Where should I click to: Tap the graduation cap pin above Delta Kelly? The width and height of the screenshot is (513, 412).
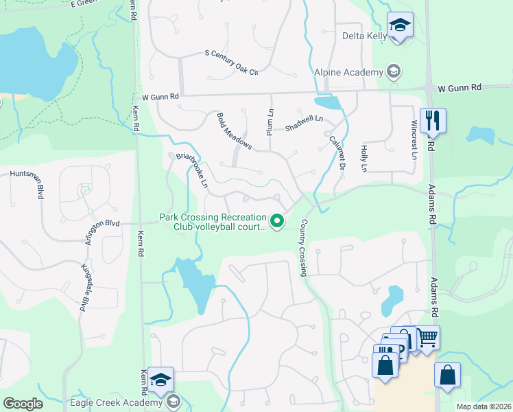(400, 26)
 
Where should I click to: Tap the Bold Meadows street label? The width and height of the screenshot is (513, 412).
(235, 131)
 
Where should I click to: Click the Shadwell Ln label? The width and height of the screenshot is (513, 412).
(303, 123)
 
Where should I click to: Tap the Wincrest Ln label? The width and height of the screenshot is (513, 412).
(414, 139)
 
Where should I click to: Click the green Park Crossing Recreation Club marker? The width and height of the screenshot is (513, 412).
(277, 220)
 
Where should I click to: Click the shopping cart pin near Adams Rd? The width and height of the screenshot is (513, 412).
(427, 336)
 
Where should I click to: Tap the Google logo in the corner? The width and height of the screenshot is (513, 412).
(23, 404)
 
